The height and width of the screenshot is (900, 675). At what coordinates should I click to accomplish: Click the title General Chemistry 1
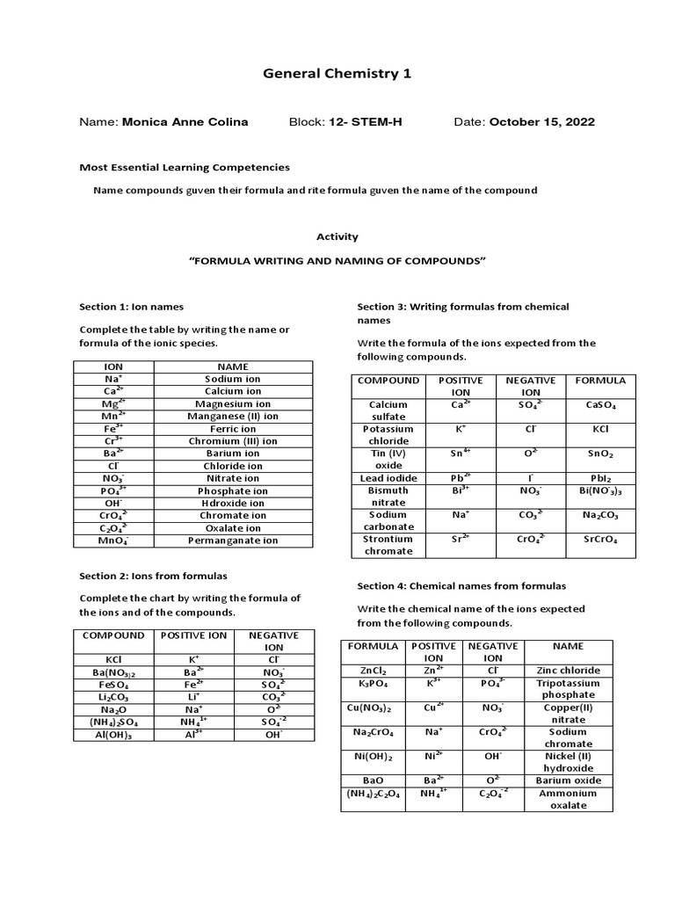tap(337, 74)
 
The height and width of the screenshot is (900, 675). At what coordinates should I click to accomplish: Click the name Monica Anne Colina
tap(185, 122)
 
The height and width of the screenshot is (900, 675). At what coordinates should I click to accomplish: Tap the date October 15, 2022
tap(541, 122)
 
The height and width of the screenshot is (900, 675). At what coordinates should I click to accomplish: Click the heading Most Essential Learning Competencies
tap(185, 167)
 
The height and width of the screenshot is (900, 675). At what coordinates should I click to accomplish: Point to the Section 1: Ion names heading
tap(132, 307)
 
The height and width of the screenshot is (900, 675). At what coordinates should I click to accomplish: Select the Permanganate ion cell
tap(233, 541)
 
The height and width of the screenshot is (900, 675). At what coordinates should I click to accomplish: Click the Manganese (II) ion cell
tap(233, 416)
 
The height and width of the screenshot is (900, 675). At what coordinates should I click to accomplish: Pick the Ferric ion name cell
tap(233, 429)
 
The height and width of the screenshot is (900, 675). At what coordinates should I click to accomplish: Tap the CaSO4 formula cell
tap(600, 405)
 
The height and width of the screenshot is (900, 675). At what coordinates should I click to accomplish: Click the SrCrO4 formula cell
tap(600, 540)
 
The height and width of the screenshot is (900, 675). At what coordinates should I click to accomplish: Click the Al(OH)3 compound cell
tap(113, 736)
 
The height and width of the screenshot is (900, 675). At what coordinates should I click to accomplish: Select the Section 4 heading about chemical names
tap(461, 585)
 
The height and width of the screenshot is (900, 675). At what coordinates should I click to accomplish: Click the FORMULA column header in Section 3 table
tap(600, 381)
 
